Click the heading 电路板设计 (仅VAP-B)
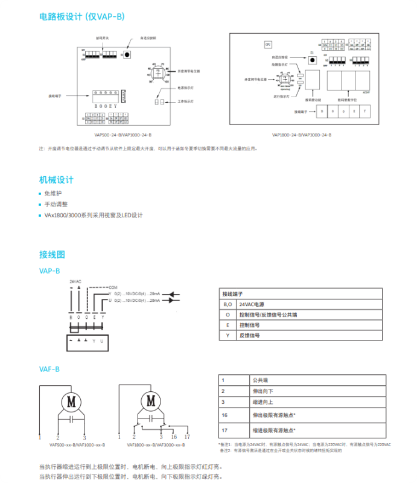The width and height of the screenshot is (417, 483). [x=82, y=16]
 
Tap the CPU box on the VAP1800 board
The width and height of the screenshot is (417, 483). [x=268, y=44]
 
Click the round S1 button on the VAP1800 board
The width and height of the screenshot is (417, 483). [x=312, y=60]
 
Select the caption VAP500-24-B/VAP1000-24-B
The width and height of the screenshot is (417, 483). [x=123, y=135]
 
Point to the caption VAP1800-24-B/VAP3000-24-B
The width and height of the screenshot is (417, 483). [x=302, y=135]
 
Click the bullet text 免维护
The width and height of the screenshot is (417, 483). [x=53, y=193]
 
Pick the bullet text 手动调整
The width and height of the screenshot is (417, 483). [x=56, y=204]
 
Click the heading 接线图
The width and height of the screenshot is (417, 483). [x=52, y=254]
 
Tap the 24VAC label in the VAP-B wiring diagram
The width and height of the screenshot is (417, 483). [x=75, y=281]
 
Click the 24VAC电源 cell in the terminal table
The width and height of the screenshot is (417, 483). [x=253, y=304]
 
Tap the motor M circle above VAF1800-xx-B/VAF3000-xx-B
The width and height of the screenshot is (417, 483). [x=151, y=400]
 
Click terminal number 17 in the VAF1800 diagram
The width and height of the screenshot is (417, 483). [x=187, y=436]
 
